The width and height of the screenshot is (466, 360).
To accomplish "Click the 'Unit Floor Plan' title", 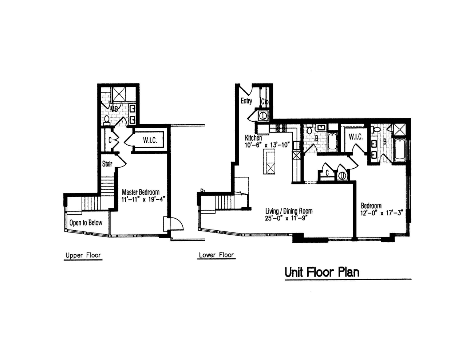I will (x=322, y=272).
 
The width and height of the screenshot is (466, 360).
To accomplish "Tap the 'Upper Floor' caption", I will (x=83, y=255).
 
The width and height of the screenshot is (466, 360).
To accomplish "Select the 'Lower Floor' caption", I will (x=216, y=255).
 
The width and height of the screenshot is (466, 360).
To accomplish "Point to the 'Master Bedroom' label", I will (x=141, y=192).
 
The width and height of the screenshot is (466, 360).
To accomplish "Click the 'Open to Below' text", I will (x=86, y=223).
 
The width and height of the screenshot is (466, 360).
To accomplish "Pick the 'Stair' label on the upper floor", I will (x=107, y=164).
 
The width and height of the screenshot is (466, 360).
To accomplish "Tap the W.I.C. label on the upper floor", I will (x=150, y=140).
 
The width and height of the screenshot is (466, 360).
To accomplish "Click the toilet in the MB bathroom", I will (x=107, y=119).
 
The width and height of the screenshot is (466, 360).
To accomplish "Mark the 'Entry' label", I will (x=246, y=101).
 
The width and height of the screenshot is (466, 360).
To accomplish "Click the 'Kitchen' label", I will (x=253, y=138).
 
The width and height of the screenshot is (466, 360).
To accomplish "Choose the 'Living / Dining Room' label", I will (x=289, y=211).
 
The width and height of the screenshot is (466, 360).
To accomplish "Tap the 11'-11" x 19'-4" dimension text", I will (x=143, y=199).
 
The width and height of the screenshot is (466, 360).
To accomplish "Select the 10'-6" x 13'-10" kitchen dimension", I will (x=267, y=145).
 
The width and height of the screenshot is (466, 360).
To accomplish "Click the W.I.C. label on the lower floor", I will (x=356, y=137).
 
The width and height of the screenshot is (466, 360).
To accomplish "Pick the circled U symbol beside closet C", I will (x=342, y=176).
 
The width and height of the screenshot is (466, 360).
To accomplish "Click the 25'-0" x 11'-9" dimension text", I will (x=287, y=218).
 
